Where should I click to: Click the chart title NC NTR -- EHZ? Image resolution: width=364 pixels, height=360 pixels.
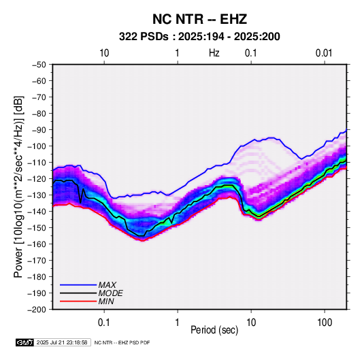[x=199, y=19]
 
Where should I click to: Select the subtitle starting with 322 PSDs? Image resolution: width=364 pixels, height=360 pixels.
[x=199, y=37]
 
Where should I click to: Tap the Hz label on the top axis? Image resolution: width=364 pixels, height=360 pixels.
[x=214, y=53]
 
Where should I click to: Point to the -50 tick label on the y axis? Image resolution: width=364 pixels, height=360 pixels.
[x=39, y=65]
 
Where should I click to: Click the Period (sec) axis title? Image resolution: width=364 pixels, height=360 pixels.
[x=214, y=330]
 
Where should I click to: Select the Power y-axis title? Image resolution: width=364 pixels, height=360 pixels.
[x=18, y=186]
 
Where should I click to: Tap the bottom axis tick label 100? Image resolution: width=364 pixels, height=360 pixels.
[x=325, y=323]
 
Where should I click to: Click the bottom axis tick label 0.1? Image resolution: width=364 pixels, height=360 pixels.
[x=104, y=323]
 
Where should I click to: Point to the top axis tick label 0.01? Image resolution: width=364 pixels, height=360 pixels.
[x=324, y=53]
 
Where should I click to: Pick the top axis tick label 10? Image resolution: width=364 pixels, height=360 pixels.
[x=104, y=53]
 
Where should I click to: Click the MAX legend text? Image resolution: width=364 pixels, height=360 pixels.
[x=107, y=285]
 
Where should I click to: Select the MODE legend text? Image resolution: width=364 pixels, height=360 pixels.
[x=110, y=293]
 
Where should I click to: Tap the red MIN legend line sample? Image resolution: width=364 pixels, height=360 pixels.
[x=78, y=301]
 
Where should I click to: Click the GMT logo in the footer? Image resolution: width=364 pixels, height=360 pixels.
[x=25, y=342]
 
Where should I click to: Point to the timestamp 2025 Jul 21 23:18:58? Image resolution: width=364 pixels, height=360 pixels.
[x=62, y=342]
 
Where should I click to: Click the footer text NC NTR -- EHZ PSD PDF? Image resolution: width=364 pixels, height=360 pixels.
[x=122, y=342]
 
